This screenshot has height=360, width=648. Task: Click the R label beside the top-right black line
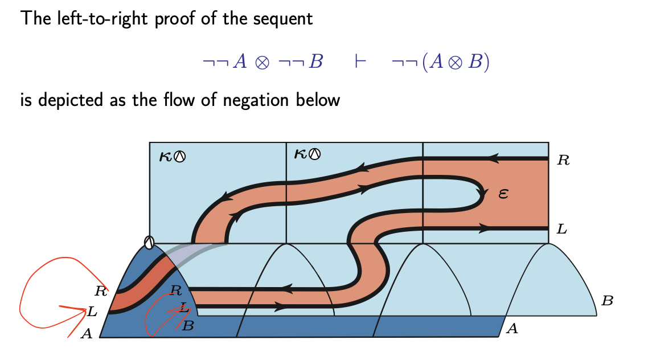[563, 161]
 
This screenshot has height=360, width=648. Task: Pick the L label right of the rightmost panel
[562, 230]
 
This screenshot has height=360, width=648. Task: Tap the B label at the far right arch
[607, 301]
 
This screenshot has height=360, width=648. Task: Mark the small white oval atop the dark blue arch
[149, 243]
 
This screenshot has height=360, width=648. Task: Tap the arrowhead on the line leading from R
[494, 158]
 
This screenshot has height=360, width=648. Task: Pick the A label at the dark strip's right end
[512, 328]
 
